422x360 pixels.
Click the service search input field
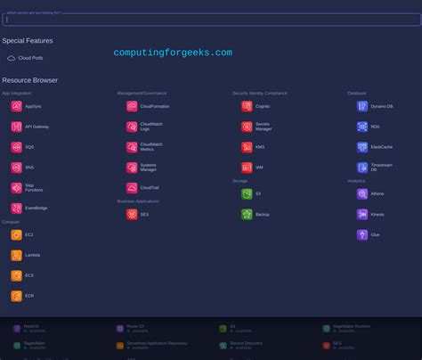pyautogui.click(x=211, y=20)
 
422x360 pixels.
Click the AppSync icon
pyautogui.click(x=16, y=106)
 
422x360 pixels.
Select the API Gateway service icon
pyautogui.click(x=16, y=127)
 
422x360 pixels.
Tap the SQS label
pyautogui.click(x=29, y=147)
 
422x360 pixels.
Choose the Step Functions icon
pyautogui.click(x=16, y=187)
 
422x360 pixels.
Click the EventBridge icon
pyautogui.click(x=16, y=208)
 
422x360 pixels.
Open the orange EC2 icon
pyautogui.click(x=16, y=234)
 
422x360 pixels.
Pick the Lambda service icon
pyautogui.click(x=16, y=255)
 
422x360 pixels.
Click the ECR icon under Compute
pyautogui.click(x=16, y=297)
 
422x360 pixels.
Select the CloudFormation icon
pyautogui.click(x=132, y=106)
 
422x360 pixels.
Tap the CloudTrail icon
pyautogui.click(x=132, y=187)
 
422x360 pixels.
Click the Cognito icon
pyautogui.click(x=247, y=106)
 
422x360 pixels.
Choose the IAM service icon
pyautogui.click(x=247, y=167)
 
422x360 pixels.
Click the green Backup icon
pyautogui.click(x=247, y=215)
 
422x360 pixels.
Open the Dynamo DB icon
pyautogui.click(x=362, y=106)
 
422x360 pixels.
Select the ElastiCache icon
pyautogui.click(x=362, y=147)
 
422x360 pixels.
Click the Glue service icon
pyautogui.click(x=362, y=235)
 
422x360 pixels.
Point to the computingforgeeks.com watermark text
pyautogui.click(x=173, y=53)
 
